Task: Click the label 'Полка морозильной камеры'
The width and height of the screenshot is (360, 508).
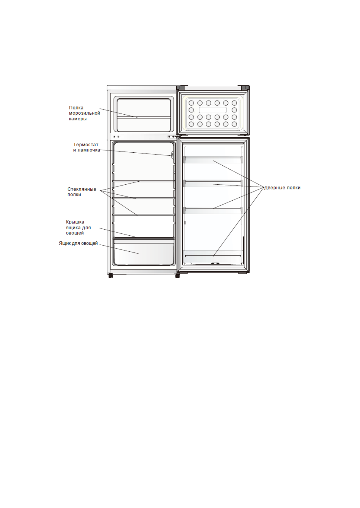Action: click(84, 113)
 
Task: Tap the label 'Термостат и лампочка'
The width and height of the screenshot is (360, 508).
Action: click(86, 147)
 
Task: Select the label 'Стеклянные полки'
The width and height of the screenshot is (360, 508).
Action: click(82, 192)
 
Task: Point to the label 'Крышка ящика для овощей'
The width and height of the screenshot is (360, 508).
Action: click(78, 227)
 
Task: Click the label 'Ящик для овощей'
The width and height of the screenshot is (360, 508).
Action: click(78, 243)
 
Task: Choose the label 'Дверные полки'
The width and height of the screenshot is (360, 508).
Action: click(282, 188)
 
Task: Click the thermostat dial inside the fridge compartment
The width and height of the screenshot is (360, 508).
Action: click(173, 155)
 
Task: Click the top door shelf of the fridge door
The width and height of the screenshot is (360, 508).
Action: click(213, 160)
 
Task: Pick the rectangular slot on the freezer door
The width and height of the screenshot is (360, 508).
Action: click(213, 110)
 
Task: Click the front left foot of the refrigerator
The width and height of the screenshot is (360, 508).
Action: click(111, 275)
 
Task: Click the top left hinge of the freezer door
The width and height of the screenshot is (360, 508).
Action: click(180, 87)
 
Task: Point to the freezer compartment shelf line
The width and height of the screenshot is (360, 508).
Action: click(144, 117)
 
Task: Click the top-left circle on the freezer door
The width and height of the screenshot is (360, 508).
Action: click(191, 103)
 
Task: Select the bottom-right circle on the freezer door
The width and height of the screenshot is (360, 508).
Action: click(234, 124)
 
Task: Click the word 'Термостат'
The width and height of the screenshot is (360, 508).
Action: click(86, 144)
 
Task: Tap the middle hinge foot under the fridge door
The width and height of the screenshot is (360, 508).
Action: click(177, 275)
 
